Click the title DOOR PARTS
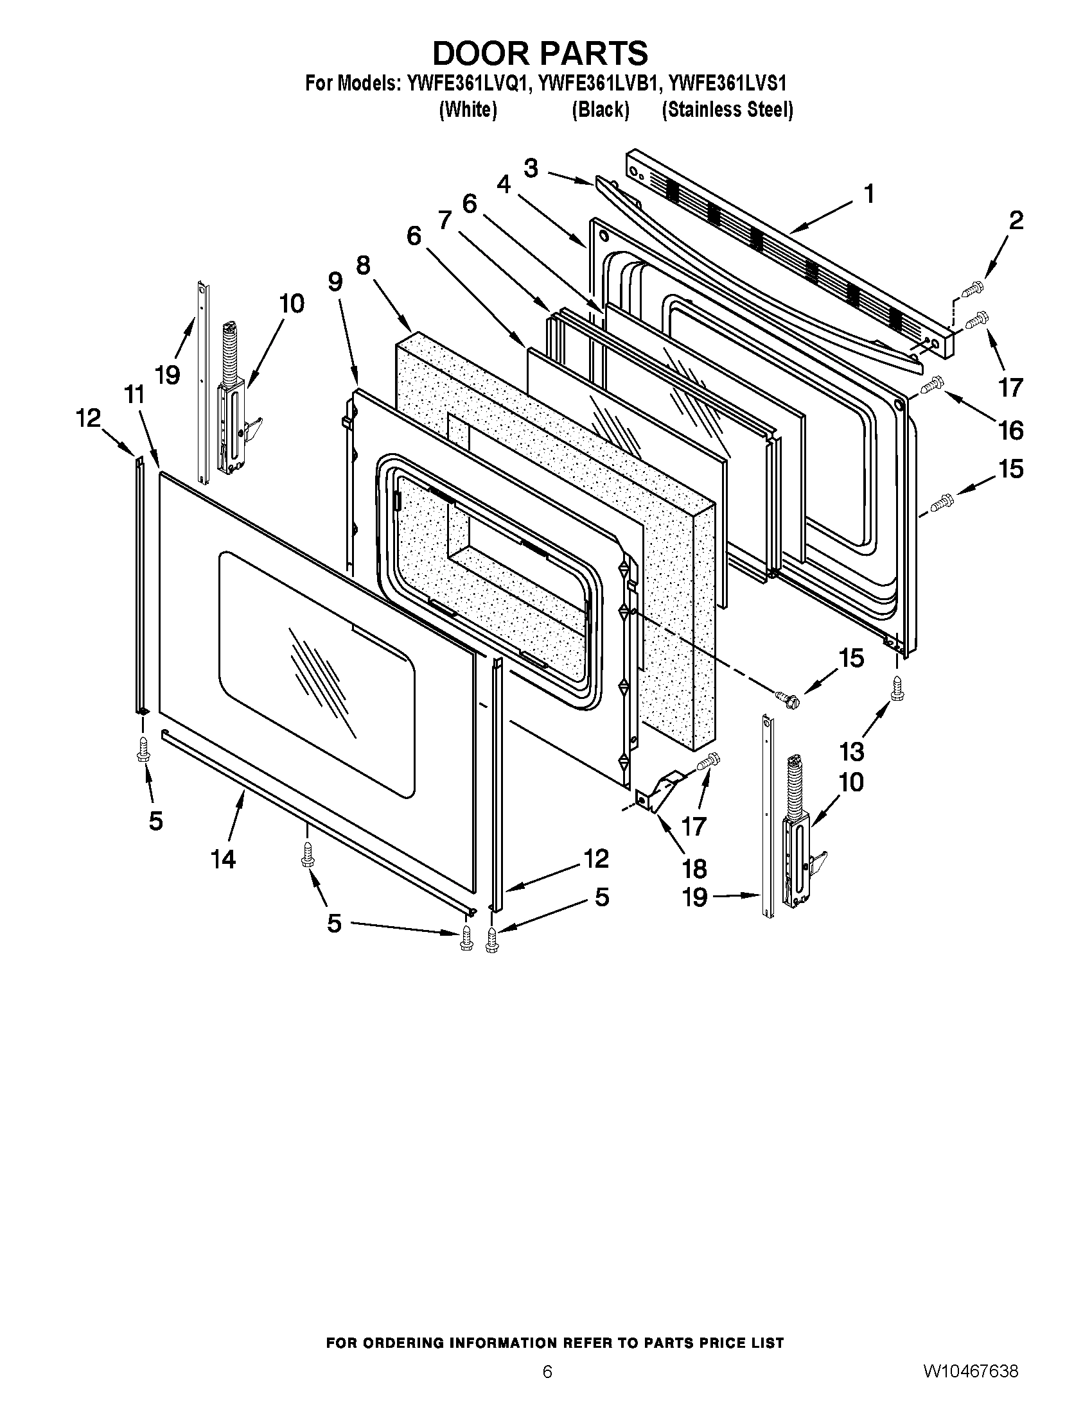click(x=540, y=53)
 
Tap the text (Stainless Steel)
click(x=727, y=110)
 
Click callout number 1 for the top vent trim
click(x=869, y=193)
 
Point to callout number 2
click(x=1016, y=221)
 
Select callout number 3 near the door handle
click(x=531, y=169)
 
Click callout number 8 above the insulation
click(x=362, y=265)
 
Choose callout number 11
click(x=134, y=395)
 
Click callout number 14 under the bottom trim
click(x=222, y=859)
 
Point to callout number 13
click(x=851, y=752)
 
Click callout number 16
click(x=1012, y=430)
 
